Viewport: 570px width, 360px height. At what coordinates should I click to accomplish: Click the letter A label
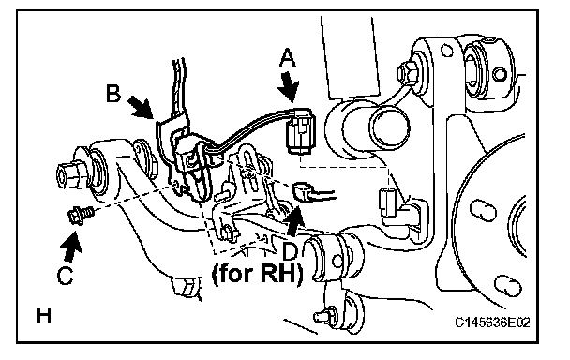click(x=288, y=58)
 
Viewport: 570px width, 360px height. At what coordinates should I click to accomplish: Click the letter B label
click(x=113, y=93)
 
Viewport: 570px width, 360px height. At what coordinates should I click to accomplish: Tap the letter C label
click(x=66, y=276)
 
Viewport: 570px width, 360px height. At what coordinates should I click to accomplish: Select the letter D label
click(x=291, y=252)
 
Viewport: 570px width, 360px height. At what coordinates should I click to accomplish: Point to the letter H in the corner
click(x=44, y=315)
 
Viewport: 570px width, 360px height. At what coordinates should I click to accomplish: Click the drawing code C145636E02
click(x=492, y=322)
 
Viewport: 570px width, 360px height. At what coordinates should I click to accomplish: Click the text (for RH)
click(x=257, y=274)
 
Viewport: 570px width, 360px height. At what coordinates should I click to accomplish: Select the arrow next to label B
click(x=142, y=107)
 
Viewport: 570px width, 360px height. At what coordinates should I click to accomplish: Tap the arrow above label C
click(x=72, y=247)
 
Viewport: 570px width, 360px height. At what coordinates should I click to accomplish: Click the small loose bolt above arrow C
click(x=80, y=214)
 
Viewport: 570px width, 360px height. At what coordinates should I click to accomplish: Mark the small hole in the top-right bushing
click(x=500, y=74)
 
